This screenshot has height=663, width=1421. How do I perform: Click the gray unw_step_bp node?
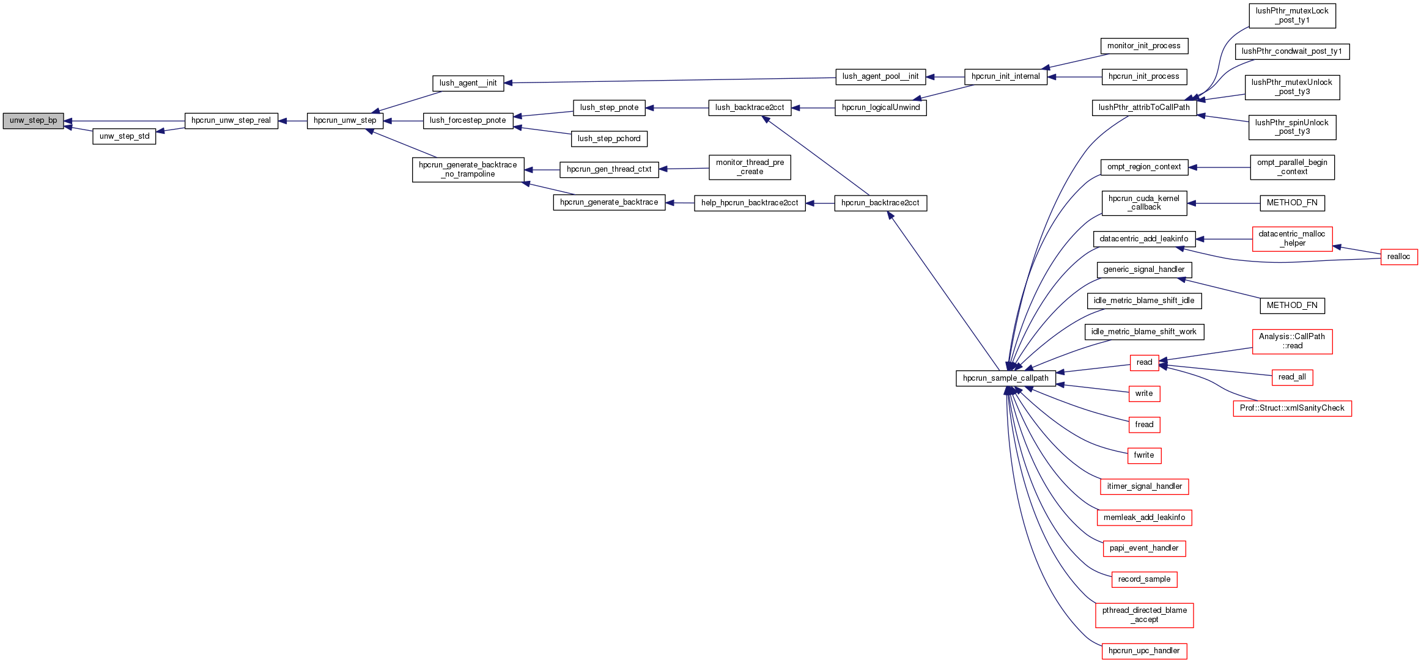pos(33,121)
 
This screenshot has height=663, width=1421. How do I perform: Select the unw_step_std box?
pos(124,136)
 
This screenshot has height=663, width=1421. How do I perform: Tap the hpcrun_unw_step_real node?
pos(231,121)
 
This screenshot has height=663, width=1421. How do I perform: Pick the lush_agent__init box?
pos(468,83)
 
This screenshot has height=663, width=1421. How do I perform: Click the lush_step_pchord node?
pos(609,139)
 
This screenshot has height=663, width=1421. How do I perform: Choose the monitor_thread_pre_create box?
pos(750,167)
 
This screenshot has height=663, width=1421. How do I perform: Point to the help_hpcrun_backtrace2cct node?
pos(750,203)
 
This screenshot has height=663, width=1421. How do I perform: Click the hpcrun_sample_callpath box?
pos(1005,378)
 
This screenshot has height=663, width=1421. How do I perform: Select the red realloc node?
pos(1398,257)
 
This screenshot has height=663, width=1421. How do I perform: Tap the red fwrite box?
pos(1143,455)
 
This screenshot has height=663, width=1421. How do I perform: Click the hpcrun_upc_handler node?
pos(1143,651)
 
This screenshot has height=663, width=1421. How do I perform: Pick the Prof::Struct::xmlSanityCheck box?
pos(1292,408)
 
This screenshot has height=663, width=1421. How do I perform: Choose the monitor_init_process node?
pos(1143,46)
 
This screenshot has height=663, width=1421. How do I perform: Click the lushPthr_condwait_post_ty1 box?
pos(1291,51)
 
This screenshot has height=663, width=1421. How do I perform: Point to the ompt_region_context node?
pos(1143,167)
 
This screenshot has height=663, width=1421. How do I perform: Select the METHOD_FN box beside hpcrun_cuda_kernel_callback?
pos(1292,203)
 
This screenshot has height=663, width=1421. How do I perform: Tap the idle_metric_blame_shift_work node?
pos(1143,332)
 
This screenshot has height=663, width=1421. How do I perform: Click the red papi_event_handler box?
pos(1143,548)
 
